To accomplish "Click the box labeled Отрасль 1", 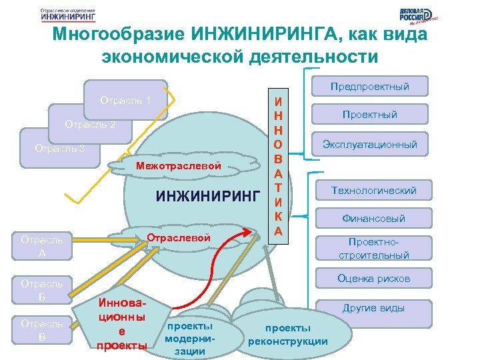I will pos(125,101).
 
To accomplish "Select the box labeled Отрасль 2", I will pos(90,125).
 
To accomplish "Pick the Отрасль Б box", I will pos(41,290).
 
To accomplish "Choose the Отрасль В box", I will pos(41,330).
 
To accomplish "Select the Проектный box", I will pos(369,115).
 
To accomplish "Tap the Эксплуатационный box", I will pos(369,144).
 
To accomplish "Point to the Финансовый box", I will pos(373,218).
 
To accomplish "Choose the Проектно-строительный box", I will pos(373,249).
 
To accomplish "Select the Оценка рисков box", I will pos(373,279).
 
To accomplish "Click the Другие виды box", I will pos(373,309).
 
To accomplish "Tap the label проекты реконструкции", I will pos(287,335).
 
